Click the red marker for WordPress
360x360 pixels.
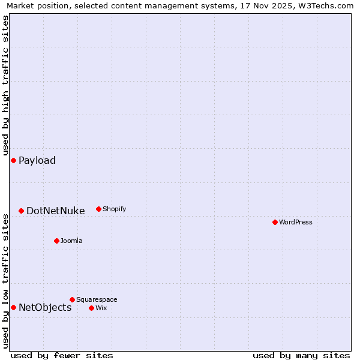(x=275, y=222)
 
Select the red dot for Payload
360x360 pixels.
(x=13, y=160)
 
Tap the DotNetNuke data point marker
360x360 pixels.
(x=21, y=211)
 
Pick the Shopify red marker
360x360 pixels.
(x=98, y=209)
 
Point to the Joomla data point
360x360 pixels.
(x=56, y=241)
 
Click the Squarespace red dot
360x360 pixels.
(x=72, y=299)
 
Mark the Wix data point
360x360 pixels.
(x=91, y=308)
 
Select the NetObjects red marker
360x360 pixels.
(x=13, y=307)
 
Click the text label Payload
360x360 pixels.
(x=37, y=160)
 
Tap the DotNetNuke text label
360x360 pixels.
(x=56, y=211)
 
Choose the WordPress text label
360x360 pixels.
(x=296, y=222)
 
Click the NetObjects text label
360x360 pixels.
(x=45, y=308)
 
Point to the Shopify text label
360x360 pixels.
(x=114, y=209)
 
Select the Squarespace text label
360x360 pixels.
(x=97, y=299)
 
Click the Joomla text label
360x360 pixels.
(x=71, y=241)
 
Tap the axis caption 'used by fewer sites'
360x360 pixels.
(x=62, y=355)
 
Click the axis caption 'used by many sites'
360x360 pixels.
(x=301, y=355)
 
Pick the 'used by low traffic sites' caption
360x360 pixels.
(x=5, y=281)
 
